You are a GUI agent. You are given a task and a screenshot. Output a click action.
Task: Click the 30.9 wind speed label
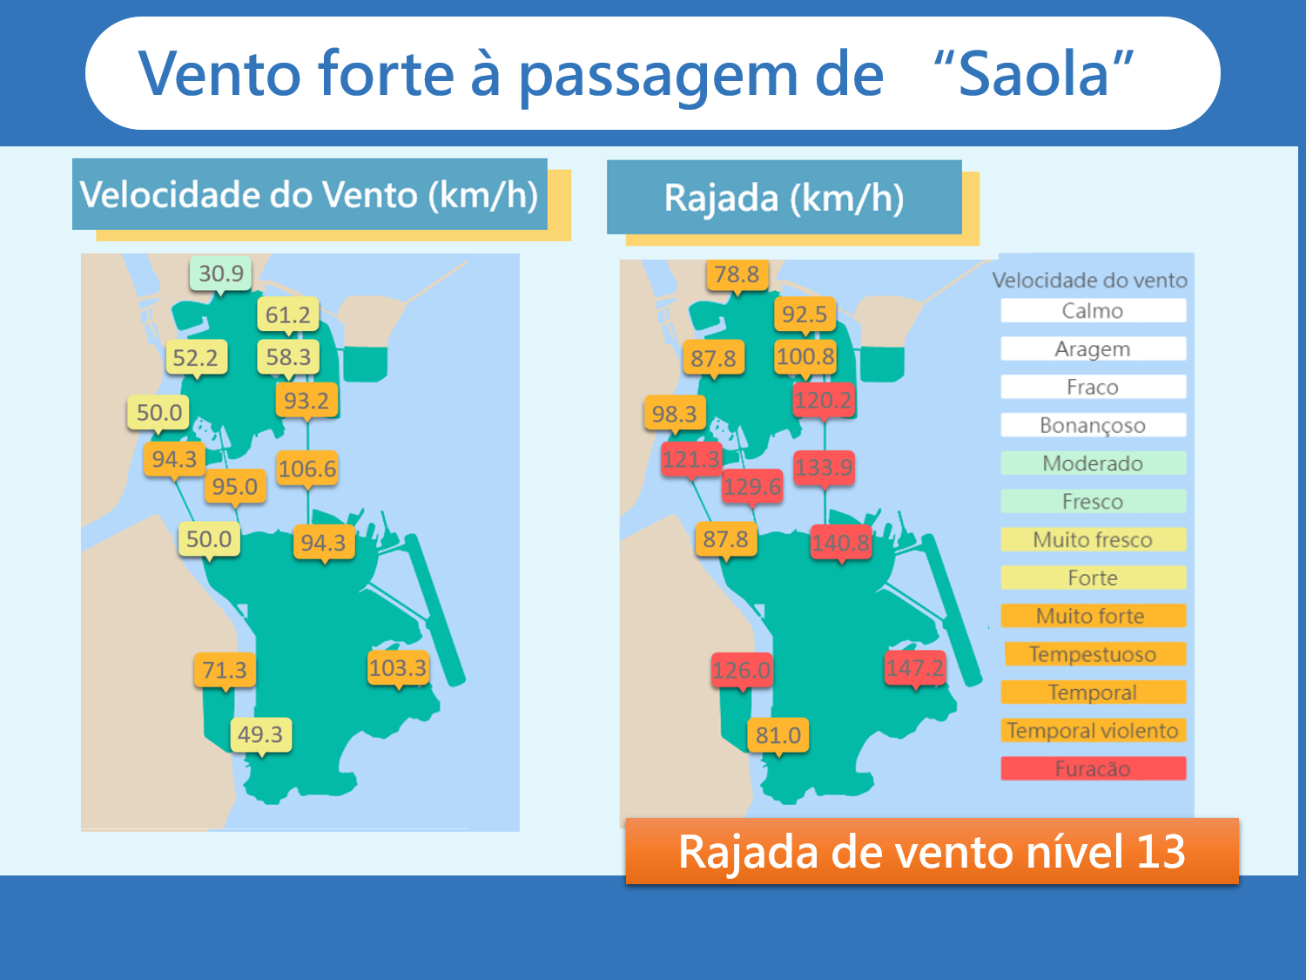[221, 274]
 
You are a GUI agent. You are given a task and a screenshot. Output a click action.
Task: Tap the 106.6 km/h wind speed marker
[307, 469]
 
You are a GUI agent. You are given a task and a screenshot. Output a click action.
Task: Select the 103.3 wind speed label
[398, 668]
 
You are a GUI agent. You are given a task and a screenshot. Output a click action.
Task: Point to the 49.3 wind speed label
[260, 735]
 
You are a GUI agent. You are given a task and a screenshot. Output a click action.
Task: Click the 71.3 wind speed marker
[225, 670]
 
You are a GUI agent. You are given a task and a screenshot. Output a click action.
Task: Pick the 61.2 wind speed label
[288, 314]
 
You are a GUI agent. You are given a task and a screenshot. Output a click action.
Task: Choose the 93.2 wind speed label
[307, 401]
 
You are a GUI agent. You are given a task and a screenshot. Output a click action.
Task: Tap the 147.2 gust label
[915, 668]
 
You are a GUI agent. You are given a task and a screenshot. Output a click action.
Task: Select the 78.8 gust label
[737, 275]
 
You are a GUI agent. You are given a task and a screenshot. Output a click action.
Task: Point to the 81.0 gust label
[778, 735]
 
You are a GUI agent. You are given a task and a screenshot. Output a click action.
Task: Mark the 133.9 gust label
[824, 467]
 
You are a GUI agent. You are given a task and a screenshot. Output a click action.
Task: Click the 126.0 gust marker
[742, 671]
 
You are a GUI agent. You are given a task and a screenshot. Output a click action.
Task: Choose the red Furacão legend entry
[1093, 768]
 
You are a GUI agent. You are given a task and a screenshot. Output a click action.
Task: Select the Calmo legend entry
[1093, 311]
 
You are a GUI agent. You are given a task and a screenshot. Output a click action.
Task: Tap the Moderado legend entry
[1093, 463]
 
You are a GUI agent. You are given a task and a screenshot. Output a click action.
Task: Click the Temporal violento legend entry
[1093, 730]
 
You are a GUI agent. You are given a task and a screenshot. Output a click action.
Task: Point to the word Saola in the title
[1034, 74]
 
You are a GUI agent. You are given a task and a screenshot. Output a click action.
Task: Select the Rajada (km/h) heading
[784, 198]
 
